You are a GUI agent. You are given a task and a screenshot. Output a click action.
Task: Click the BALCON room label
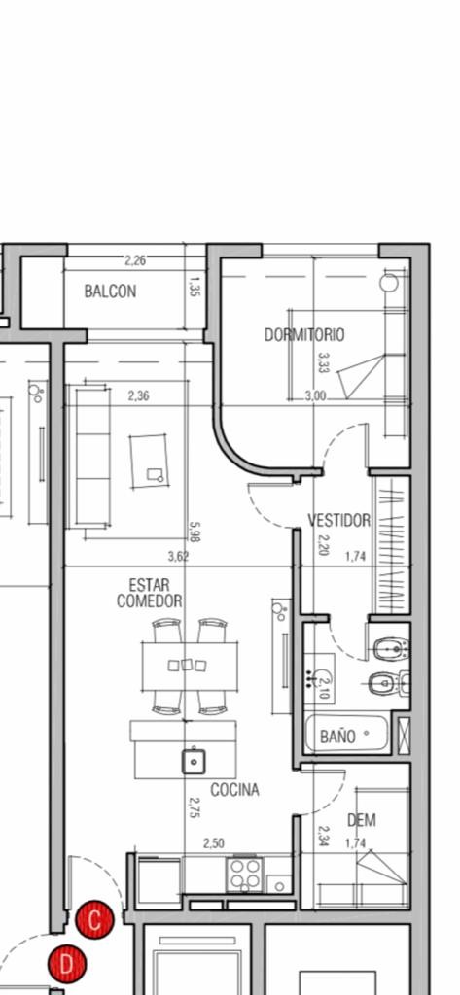(110, 292)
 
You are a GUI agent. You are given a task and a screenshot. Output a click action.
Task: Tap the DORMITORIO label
(305, 334)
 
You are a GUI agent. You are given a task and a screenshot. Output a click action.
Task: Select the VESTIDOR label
(339, 521)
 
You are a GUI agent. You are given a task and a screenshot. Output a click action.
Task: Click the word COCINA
(235, 789)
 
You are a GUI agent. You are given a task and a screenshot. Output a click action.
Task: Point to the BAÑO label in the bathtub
(337, 737)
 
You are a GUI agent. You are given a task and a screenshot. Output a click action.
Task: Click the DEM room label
(362, 820)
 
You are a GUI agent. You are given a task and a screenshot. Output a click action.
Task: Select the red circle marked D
(67, 965)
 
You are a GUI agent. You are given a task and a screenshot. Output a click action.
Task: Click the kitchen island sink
(194, 761)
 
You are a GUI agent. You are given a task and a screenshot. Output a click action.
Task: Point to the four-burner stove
(245, 875)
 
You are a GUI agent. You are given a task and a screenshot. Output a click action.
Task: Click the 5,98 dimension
(195, 532)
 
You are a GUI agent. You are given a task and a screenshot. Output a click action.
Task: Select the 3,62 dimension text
(178, 557)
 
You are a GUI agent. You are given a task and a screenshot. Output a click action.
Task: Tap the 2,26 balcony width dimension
(135, 260)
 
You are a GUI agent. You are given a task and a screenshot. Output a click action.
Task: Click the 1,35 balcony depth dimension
(195, 287)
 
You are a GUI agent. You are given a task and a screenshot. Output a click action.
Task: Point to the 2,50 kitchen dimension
(214, 843)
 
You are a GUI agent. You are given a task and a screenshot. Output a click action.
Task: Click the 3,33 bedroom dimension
(324, 363)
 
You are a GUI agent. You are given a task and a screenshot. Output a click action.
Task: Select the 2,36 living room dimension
(138, 396)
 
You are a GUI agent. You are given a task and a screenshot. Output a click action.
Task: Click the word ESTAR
(150, 584)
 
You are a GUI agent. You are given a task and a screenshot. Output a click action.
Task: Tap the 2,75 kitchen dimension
(195, 807)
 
